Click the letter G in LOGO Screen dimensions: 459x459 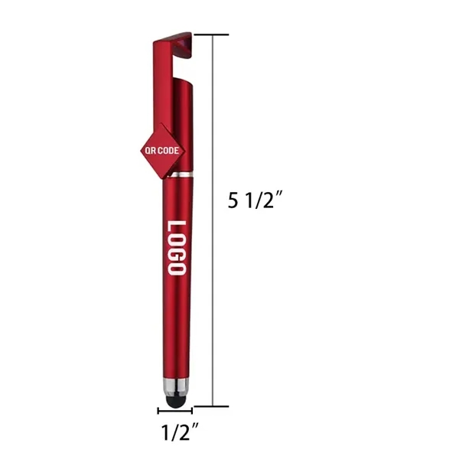(x=175, y=255)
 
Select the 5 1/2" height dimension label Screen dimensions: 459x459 (x=256, y=200)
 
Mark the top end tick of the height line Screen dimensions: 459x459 (x=211, y=34)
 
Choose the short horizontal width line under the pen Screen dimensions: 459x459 (x=175, y=412)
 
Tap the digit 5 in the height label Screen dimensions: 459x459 (x=233, y=200)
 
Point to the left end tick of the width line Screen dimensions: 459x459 (x=159, y=412)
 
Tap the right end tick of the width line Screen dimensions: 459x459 (x=192, y=412)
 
